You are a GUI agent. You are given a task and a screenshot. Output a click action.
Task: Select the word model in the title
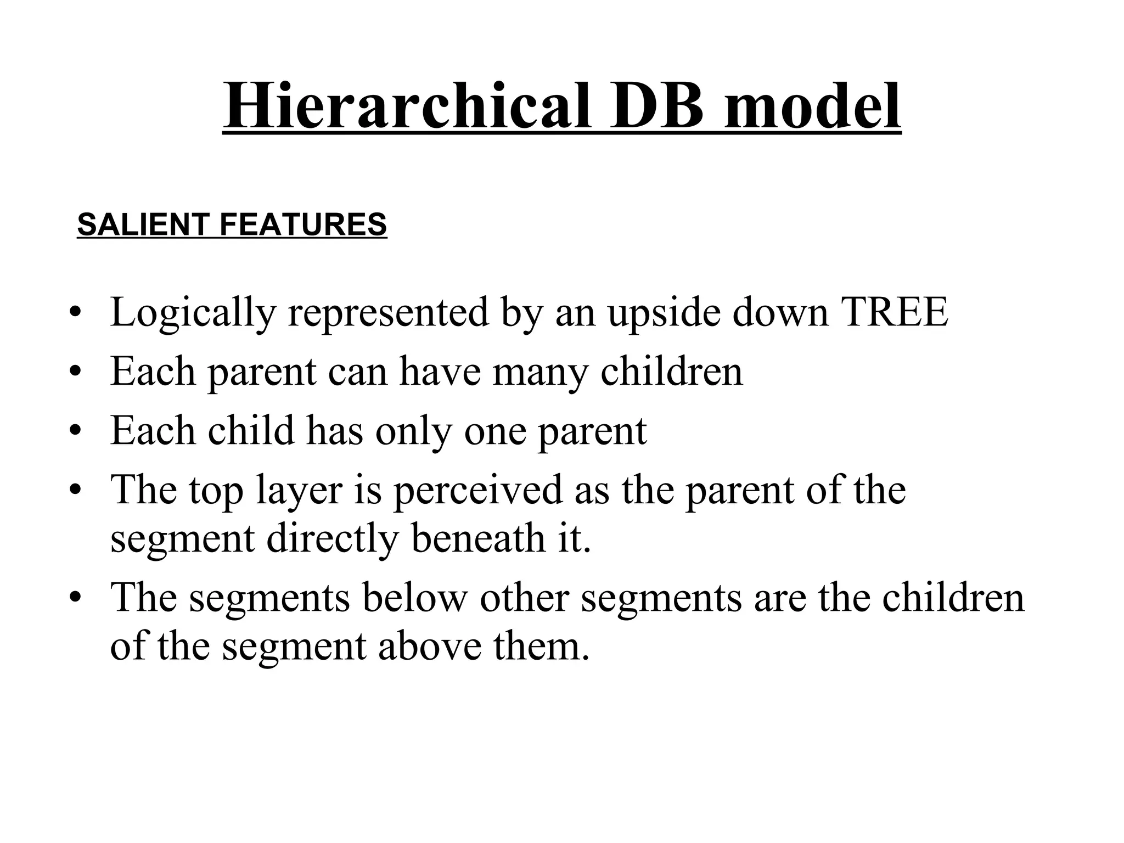coord(812,105)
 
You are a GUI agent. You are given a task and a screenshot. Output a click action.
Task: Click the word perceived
coord(478,490)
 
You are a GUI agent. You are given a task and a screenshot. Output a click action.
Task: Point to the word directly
coord(332,539)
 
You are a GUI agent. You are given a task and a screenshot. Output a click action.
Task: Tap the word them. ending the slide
coord(541,646)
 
